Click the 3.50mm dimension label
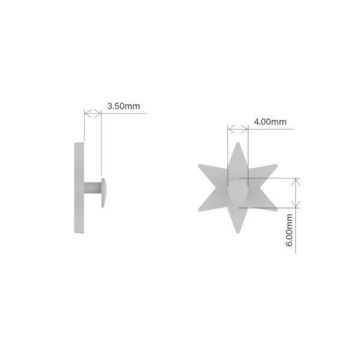coord(124,106)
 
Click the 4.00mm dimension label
coord(270,122)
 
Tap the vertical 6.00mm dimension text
coord(289,230)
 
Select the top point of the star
coord(238,143)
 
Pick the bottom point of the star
coord(238,232)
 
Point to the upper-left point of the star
coord(200,166)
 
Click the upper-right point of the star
coord(276,166)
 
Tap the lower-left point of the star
coord(200,209)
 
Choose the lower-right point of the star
coord(276,209)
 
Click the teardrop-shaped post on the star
coord(238,192)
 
